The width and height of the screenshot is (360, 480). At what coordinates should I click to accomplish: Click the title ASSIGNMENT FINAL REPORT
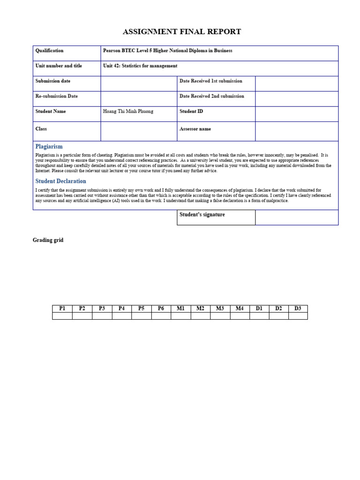pyautogui.click(x=182, y=32)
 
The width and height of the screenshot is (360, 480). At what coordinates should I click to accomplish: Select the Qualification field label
pyautogui.click(x=49, y=51)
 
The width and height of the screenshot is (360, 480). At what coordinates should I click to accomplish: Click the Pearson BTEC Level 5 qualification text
pyautogui.click(x=167, y=51)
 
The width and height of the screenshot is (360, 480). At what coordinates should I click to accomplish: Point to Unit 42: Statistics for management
pyautogui.click(x=140, y=66)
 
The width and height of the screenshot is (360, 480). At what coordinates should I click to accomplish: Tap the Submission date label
pyautogui.click(x=53, y=81)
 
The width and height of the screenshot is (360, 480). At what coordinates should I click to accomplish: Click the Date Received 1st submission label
pyautogui.click(x=210, y=81)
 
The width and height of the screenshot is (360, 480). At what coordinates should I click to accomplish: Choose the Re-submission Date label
pyautogui.click(x=56, y=96)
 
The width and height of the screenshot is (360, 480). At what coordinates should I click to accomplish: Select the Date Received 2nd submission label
pyautogui.click(x=211, y=96)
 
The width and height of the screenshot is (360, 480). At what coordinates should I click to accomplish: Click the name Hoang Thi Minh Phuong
pyautogui.click(x=128, y=112)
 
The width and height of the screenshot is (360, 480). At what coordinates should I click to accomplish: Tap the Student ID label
pyautogui.click(x=191, y=112)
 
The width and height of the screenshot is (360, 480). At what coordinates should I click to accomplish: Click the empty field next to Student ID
pyautogui.click(x=296, y=114)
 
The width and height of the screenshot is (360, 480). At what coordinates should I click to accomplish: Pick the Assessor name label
pyautogui.click(x=195, y=129)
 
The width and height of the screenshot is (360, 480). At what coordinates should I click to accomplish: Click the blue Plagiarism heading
pyautogui.click(x=49, y=147)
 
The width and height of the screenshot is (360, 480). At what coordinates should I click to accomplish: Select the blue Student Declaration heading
pyautogui.click(x=60, y=181)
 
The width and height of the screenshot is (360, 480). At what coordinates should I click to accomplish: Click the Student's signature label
pyautogui.click(x=202, y=215)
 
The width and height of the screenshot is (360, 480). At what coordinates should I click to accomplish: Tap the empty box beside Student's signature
pyautogui.click(x=296, y=217)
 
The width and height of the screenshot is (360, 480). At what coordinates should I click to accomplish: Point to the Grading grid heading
pyautogui.click(x=48, y=240)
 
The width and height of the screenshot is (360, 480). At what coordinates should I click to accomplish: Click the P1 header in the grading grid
pyautogui.click(x=62, y=308)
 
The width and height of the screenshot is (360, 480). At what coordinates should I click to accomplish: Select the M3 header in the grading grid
pyautogui.click(x=220, y=308)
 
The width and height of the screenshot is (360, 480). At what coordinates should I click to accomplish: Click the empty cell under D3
pyautogui.click(x=298, y=316)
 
